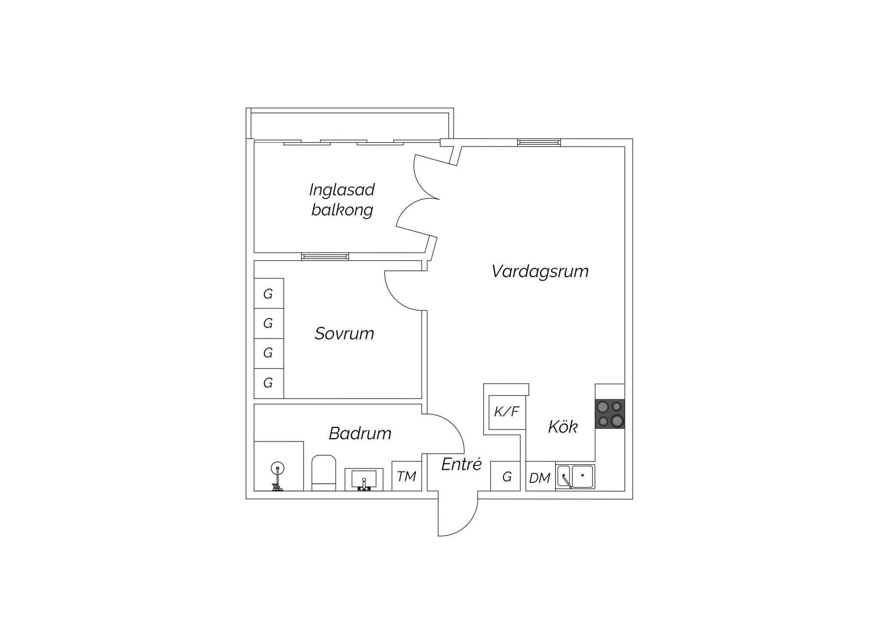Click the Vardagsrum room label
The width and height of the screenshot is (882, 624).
tap(540, 272)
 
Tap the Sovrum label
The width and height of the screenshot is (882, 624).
tap(344, 334)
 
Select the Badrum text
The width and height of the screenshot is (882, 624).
tap(360, 433)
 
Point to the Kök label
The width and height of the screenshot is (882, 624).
tap(562, 427)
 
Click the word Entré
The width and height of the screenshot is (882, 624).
tap(461, 464)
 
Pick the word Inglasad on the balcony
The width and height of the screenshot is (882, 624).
tap(342, 190)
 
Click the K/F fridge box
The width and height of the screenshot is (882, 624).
tap(506, 412)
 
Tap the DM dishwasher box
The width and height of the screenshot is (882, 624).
tap(540, 477)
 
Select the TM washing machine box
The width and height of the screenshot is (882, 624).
tap(407, 476)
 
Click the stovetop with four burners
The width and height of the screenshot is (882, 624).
tap(610, 414)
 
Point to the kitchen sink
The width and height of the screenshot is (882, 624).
tap(575, 477)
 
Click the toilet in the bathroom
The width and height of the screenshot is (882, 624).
tap(323, 472)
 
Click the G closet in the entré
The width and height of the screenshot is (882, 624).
tap(507, 477)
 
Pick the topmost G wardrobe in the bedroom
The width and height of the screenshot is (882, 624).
tap(268, 294)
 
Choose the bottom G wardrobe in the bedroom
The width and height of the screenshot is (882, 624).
tap(268, 383)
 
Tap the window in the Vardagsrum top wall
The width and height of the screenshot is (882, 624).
tap(539, 143)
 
